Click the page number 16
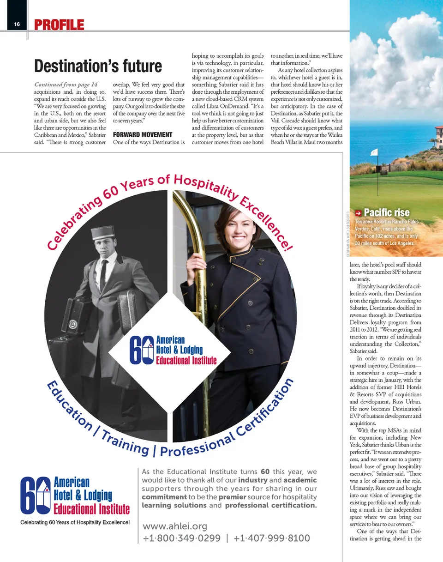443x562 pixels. (x=17, y=24)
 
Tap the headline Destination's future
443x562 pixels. (x=98, y=66)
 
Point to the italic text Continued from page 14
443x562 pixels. (x=66, y=85)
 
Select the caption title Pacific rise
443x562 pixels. (x=387, y=213)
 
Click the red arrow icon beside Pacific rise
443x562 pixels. (x=358, y=213)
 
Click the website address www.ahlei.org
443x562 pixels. (x=174, y=526)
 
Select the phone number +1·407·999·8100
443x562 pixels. (x=271, y=538)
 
